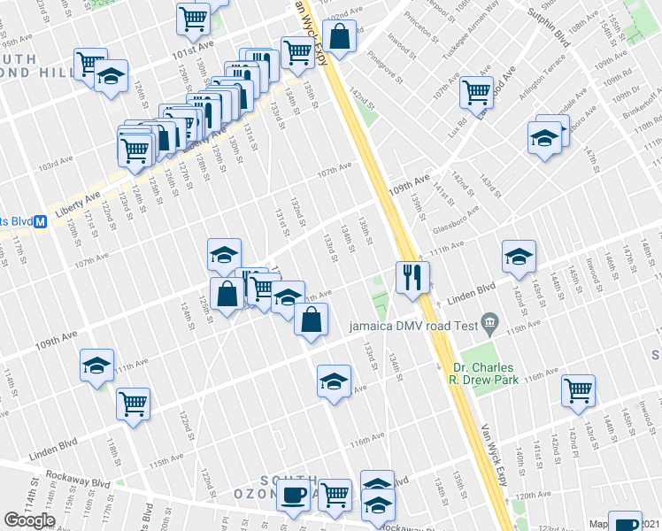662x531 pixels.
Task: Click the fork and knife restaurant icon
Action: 412,277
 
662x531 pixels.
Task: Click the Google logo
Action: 29,520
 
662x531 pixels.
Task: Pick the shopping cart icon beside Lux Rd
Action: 476,90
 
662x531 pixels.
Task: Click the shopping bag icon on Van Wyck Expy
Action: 339,36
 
